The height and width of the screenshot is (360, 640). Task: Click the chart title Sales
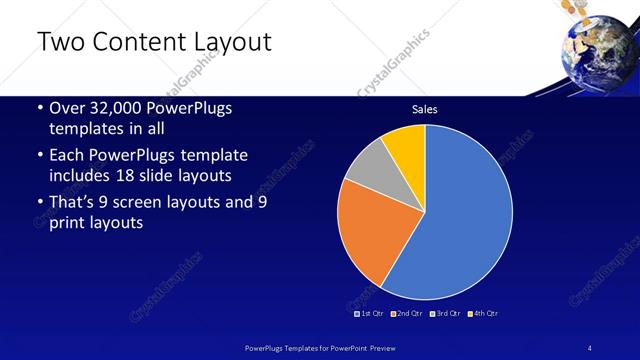pos(425,109)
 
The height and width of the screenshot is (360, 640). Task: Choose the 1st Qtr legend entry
pos(369,313)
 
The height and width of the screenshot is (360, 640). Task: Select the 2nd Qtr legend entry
pos(406,313)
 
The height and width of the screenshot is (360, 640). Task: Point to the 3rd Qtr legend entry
pos(444,313)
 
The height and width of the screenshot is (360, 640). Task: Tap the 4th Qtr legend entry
pos(482,313)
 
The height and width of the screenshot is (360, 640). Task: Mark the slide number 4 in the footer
pos(591,346)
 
